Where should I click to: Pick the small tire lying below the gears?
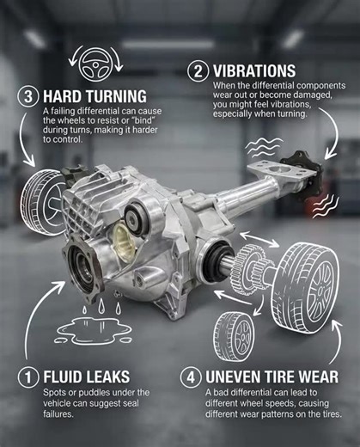[x=233, y=331]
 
